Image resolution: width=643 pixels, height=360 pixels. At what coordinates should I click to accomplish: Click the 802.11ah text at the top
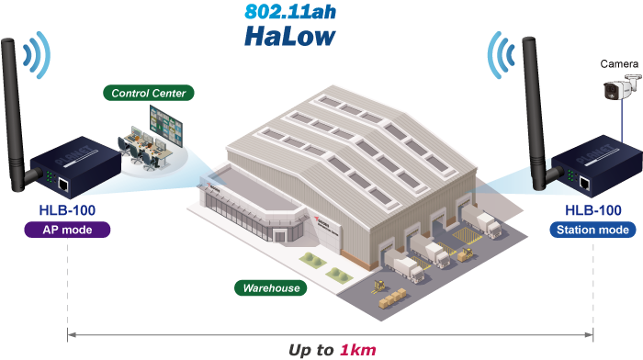click(290, 12)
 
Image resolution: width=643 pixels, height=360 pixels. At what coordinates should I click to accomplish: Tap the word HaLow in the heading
click(290, 36)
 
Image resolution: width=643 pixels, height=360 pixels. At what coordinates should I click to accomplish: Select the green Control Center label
click(149, 93)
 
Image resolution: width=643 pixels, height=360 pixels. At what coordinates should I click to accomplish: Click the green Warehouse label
click(271, 287)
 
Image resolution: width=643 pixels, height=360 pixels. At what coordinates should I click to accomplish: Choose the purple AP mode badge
click(67, 230)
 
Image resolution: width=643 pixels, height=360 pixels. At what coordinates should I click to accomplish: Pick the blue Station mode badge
click(592, 230)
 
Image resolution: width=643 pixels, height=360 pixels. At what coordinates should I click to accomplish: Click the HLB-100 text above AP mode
click(67, 210)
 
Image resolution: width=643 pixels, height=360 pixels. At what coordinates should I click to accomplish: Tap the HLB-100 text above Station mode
click(593, 210)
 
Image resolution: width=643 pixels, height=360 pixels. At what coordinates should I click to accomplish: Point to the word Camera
click(619, 64)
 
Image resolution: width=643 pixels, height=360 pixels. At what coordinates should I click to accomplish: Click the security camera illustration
click(621, 87)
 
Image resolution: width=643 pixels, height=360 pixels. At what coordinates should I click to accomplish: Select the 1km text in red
click(357, 350)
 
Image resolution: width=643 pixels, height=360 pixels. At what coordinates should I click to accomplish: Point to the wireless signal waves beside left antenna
click(37, 55)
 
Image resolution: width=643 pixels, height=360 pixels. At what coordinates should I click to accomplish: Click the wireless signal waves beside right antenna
click(502, 55)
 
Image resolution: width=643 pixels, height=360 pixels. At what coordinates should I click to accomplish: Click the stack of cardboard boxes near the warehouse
click(392, 298)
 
